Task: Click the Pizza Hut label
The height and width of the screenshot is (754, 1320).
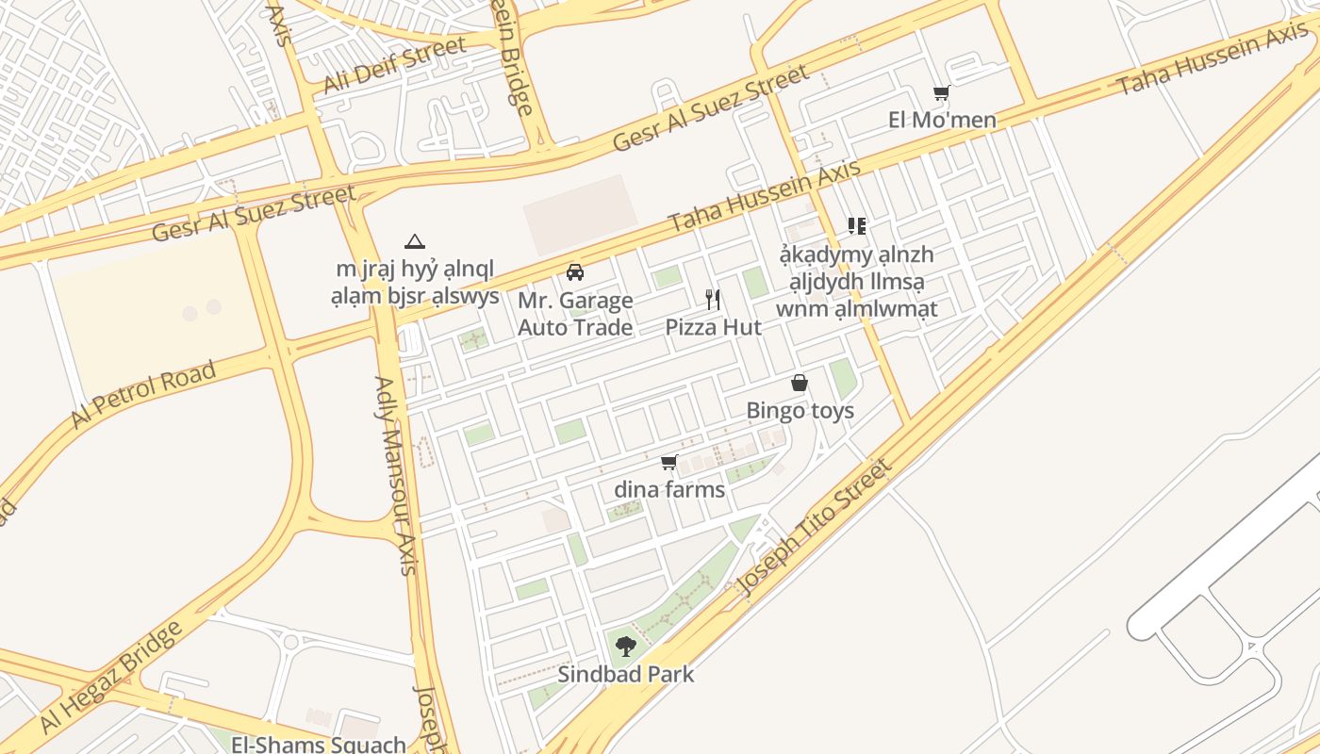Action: pyautogui.click(x=713, y=327)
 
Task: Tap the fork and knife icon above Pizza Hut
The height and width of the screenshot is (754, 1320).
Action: pyautogui.click(x=714, y=300)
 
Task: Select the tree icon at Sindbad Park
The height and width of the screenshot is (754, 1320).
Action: pyautogui.click(x=625, y=647)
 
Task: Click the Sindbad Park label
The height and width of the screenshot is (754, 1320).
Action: pyautogui.click(x=625, y=674)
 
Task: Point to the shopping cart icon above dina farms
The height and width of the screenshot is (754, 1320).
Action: pyautogui.click(x=669, y=462)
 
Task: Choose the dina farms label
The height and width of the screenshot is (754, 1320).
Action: pyautogui.click(x=669, y=489)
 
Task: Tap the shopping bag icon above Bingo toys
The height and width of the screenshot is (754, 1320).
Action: pyautogui.click(x=800, y=383)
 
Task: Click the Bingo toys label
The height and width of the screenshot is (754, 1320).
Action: pyautogui.click(x=800, y=410)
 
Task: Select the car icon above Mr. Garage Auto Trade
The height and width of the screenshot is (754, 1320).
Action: pyautogui.click(x=574, y=272)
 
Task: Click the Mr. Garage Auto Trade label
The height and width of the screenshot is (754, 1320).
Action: pyautogui.click(x=575, y=314)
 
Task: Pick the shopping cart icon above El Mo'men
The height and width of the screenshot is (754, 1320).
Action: pyautogui.click(x=941, y=93)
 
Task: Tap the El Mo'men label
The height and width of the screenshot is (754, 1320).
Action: pyautogui.click(x=942, y=121)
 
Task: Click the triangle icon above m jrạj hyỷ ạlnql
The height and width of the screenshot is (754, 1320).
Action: pyautogui.click(x=414, y=242)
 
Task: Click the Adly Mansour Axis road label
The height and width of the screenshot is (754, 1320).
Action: pyautogui.click(x=395, y=475)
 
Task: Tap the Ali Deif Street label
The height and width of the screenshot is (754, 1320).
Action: pyautogui.click(x=394, y=65)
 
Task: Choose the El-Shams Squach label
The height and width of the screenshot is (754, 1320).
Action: pyautogui.click(x=319, y=744)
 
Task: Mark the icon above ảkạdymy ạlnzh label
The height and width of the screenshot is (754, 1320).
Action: pyautogui.click(x=856, y=226)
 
